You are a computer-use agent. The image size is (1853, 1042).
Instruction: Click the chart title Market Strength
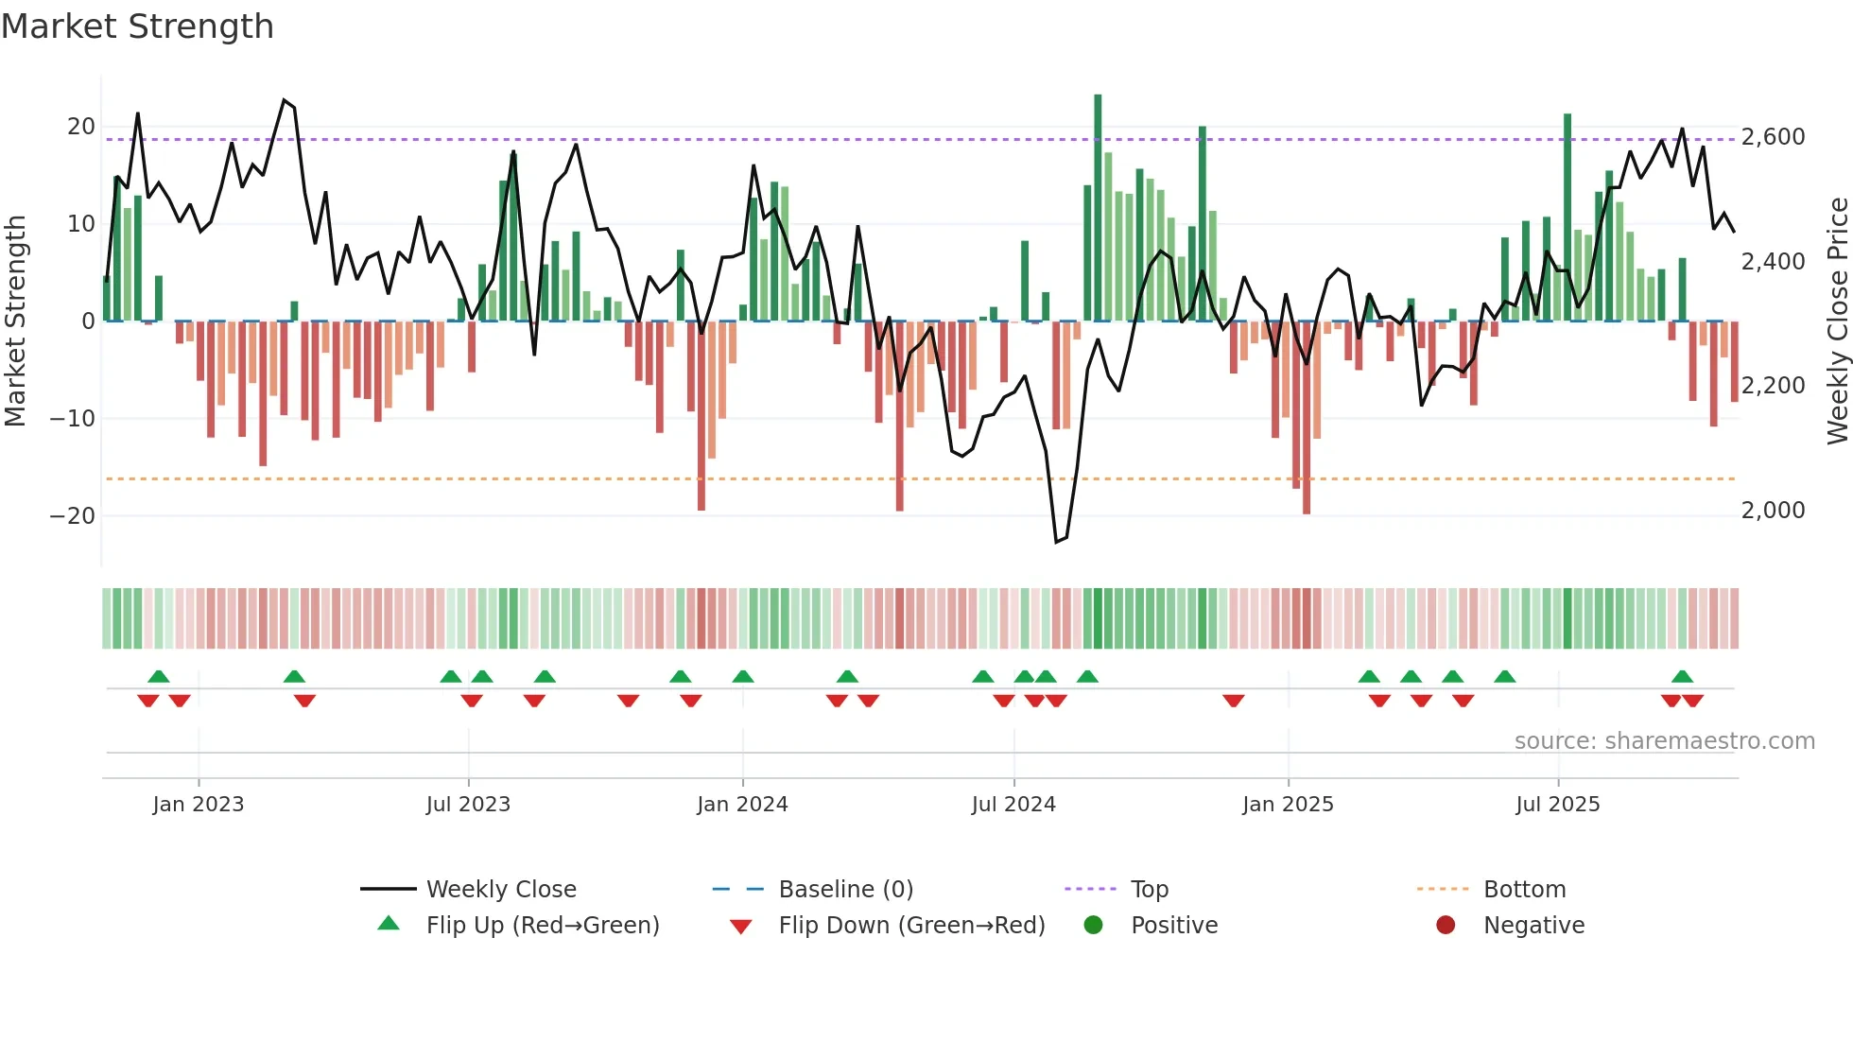click(x=137, y=26)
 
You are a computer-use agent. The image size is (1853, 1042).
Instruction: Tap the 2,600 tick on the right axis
click(x=1773, y=137)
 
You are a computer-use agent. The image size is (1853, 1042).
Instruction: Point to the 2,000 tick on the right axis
click(x=1773, y=511)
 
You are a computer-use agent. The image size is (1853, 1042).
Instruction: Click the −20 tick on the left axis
click(x=73, y=516)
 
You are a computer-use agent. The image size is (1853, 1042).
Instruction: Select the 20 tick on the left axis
click(x=81, y=127)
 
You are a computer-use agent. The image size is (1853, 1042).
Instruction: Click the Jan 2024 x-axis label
click(x=742, y=805)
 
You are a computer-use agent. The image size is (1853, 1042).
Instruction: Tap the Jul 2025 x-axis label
click(x=1557, y=805)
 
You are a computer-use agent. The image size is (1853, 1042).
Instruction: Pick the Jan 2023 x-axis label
click(x=199, y=805)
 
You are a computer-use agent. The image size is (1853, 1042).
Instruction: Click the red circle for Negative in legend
click(x=1446, y=925)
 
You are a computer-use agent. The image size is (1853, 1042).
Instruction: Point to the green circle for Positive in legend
click(x=1094, y=925)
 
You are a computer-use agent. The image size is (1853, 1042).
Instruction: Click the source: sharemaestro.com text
click(x=1664, y=741)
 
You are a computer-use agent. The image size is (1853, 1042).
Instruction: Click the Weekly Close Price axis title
click(x=1837, y=321)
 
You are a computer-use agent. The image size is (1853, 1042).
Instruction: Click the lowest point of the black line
click(x=1056, y=542)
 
